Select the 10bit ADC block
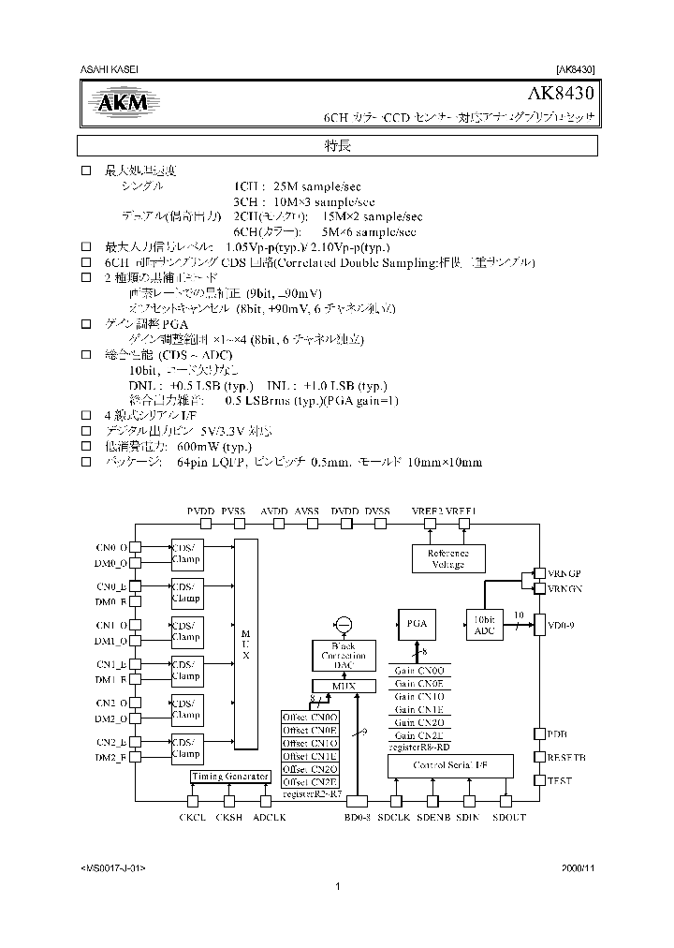coord(484,626)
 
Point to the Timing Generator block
coord(230,777)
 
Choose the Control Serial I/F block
coord(449,765)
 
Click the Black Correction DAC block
coord(343,655)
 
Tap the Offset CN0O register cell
coord(310,717)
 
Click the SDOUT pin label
coord(508,818)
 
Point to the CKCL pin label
coord(192,818)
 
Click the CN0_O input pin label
coord(111,547)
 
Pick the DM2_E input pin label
coord(111,757)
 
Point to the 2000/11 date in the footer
coord(578,867)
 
